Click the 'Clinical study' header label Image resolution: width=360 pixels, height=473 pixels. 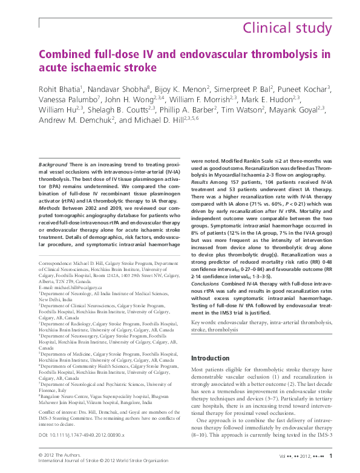(287, 28)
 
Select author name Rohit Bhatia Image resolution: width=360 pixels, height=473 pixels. (64, 89)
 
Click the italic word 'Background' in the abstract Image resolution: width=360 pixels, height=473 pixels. (53, 165)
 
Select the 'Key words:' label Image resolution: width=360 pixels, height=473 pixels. (205, 324)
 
